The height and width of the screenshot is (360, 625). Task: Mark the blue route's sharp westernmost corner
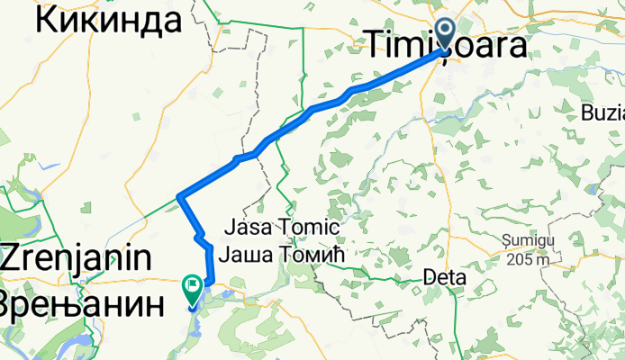click(x=180, y=195)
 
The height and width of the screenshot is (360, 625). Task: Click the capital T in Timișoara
click(x=371, y=45)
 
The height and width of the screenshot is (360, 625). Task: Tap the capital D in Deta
click(x=428, y=278)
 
